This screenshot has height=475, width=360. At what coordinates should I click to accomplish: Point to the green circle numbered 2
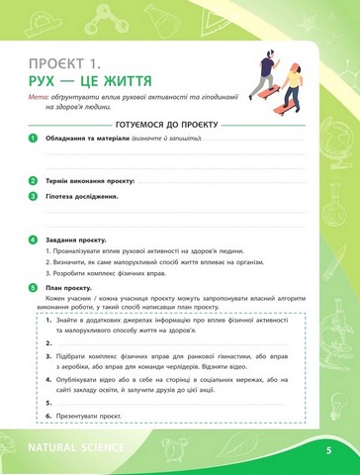(35, 182)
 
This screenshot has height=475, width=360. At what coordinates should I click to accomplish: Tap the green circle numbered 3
(35, 196)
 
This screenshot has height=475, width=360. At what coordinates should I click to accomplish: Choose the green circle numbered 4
(35, 239)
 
